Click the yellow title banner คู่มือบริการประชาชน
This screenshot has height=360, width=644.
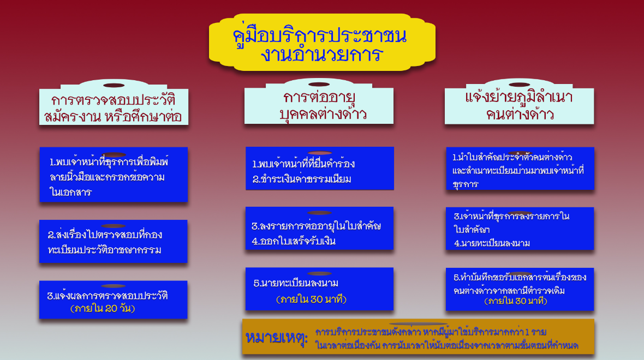(322, 43)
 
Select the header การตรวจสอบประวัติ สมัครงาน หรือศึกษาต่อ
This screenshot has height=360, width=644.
(114, 107)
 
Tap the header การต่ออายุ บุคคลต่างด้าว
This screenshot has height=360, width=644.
(319, 105)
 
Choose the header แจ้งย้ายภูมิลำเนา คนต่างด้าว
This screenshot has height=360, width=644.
(519, 106)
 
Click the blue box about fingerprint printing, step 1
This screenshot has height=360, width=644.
(114, 175)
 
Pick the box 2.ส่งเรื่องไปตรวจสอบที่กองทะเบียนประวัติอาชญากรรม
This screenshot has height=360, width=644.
(114, 242)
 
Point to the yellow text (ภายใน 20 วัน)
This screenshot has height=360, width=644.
(103, 308)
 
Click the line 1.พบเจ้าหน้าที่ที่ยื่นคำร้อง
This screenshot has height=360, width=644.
(303, 164)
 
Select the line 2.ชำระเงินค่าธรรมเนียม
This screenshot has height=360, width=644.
(302, 179)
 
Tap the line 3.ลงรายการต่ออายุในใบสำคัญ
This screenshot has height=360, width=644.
(316, 226)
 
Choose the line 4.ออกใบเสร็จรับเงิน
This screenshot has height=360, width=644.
(294, 241)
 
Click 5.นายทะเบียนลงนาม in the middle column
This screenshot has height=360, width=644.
(296, 283)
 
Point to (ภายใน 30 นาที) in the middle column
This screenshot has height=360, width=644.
(311, 299)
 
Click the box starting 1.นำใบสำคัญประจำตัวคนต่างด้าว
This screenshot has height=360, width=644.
(520, 169)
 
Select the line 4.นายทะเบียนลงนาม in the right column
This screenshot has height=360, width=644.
(492, 243)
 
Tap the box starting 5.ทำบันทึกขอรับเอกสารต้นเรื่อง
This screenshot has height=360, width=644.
(520, 290)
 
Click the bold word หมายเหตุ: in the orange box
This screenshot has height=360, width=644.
(276, 338)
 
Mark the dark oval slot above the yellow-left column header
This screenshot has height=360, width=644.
(114, 86)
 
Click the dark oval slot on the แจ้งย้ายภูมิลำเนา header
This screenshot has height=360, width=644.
(519, 85)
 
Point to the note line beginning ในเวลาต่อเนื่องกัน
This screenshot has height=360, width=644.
(447, 346)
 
